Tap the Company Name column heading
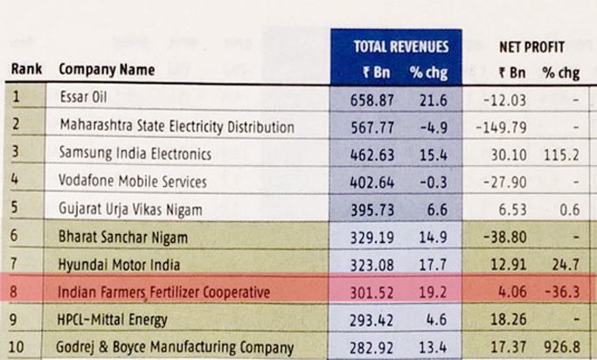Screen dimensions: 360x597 click(x=107, y=69)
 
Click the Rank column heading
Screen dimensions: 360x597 click(x=27, y=69)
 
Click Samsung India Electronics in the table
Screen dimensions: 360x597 click(x=135, y=153)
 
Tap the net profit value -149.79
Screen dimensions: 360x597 click(x=500, y=125)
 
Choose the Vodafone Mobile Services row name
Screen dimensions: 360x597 click(x=133, y=182)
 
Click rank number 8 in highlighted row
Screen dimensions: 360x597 click(x=17, y=291)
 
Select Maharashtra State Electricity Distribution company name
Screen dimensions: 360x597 click(x=177, y=125)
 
